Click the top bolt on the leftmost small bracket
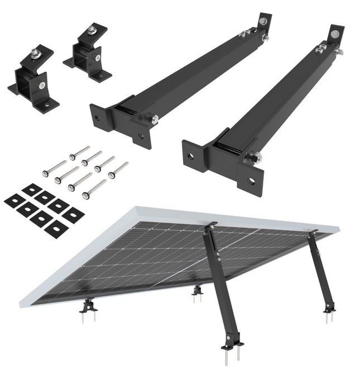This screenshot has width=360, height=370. [x=34, y=54]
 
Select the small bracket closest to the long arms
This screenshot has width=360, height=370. [x=88, y=53]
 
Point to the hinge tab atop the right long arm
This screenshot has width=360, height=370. [x=335, y=34]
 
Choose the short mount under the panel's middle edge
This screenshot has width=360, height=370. [x=196, y=291]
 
